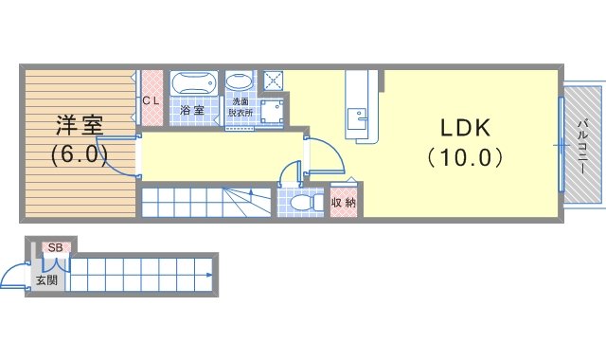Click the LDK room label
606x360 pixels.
click(465, 128)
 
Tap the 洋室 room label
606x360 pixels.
click(80, 125)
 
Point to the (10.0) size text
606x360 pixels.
click(465, 157)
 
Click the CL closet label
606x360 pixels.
click(151, 101)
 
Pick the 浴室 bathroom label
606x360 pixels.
click(192, 110)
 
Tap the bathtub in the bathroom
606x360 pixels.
click(193, 82)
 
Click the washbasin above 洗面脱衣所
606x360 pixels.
click(240, 82)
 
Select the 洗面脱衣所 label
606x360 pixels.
click(241, 107)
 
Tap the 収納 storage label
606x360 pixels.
click(344, 203)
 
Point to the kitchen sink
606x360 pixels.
click(357, 118)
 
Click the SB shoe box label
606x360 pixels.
click(56, 248)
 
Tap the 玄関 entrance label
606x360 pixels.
click(46, 280)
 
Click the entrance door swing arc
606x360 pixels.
click(9, 271)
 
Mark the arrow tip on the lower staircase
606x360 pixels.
click(211, 276)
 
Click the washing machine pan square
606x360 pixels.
click(272, 112)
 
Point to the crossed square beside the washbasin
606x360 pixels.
click(274, 81)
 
